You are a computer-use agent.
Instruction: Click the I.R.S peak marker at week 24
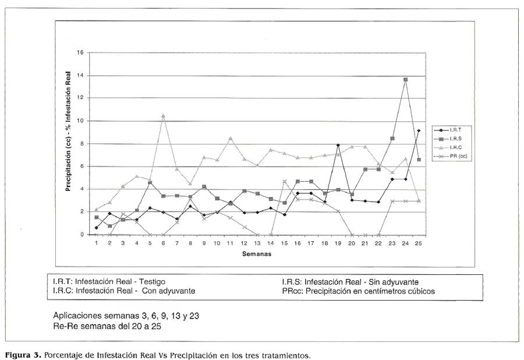[405, 79]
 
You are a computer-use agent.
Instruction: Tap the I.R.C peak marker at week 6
[163, 115]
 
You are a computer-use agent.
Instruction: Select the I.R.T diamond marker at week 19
[338, 145]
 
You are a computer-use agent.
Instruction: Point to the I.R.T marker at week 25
[419, 131]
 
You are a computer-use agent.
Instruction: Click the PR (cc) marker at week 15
[284, 181]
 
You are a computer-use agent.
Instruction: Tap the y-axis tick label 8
[83, 144]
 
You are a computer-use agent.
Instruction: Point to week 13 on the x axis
[257, 243]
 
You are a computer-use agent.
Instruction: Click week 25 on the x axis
[419, 243]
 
